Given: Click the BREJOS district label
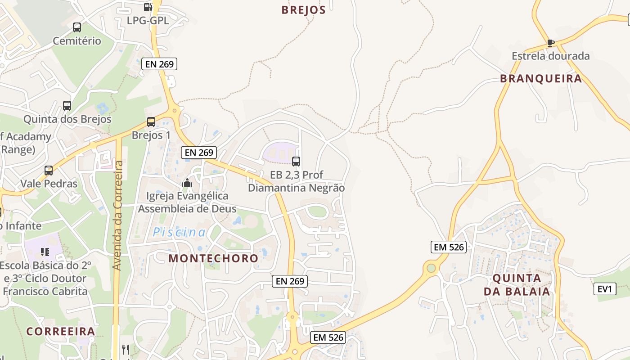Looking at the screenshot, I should pos(303,10).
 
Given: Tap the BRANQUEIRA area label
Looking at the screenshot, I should pos(541,79).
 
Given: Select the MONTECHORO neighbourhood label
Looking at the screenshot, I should pos(213,258).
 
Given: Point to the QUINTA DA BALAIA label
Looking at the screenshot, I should pos(517,284).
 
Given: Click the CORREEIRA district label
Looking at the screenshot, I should pos(60,332).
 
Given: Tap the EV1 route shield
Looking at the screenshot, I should pos(605,289).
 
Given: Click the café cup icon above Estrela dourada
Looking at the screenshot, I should pos(550,43).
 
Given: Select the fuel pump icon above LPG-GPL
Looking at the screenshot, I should pos(147,7).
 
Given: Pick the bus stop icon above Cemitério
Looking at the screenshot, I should pos(77,27).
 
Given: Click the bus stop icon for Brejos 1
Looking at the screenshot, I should pos(151,122).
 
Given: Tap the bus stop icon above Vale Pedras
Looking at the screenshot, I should pos(49,171).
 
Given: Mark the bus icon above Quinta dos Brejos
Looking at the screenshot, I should pos(67,106).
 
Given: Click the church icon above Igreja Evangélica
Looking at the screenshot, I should pos(187,183).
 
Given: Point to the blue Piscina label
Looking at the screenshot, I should pos(179,233).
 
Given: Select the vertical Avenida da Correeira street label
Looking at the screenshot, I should pos(118,215).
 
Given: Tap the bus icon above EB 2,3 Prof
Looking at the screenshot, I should pos(296,161).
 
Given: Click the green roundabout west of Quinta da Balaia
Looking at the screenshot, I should pos(431,268).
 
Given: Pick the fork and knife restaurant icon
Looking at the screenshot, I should pos(126,349).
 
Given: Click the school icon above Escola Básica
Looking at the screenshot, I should pos(45,252).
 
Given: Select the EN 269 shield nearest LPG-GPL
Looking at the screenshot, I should pos(159,64).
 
